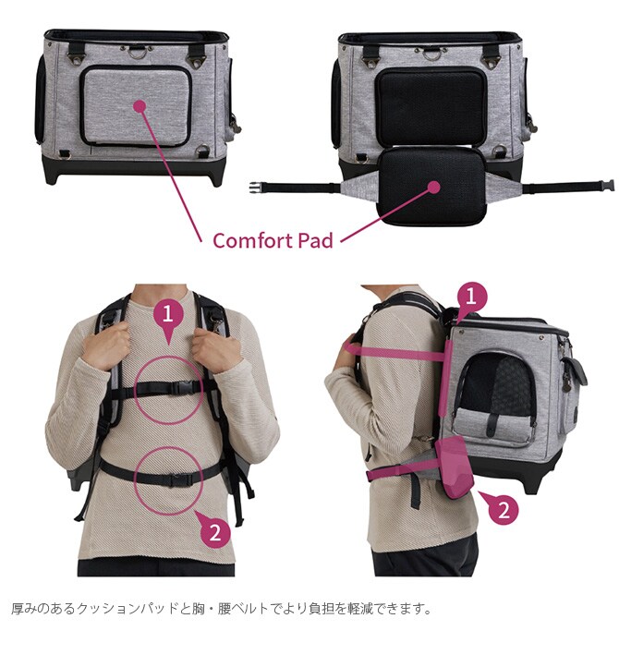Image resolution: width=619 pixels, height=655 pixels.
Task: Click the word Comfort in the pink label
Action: (253, 240)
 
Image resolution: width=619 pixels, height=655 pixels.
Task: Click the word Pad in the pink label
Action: (315, 240)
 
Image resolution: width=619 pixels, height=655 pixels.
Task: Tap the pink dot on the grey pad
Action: (140, 106)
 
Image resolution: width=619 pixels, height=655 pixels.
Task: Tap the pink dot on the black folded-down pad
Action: (434, 188)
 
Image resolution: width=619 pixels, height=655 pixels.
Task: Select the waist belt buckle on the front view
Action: (179, 480)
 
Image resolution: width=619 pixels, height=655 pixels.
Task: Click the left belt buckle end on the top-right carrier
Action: (256, 188)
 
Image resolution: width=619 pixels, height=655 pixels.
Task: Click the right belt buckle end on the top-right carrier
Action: (608, 185)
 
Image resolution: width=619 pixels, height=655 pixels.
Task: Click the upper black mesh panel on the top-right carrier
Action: (431, 106)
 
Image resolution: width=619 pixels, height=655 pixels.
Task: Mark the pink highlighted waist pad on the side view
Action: (455, 467)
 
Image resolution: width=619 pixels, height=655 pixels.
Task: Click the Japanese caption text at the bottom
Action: (222, 608)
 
